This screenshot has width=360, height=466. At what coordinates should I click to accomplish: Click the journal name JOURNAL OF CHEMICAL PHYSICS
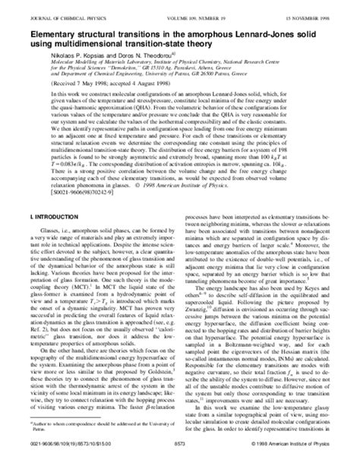[62, 10]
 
